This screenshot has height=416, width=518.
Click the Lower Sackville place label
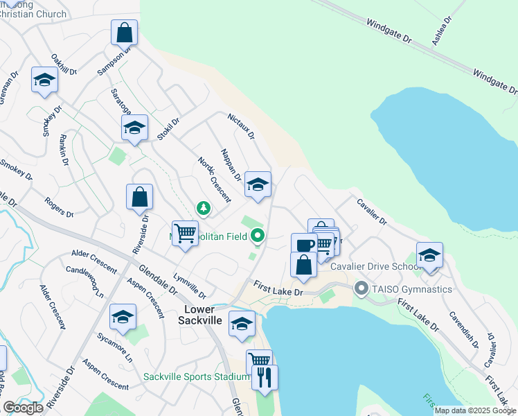[199, 314]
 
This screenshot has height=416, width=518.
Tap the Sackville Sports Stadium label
[196, 376]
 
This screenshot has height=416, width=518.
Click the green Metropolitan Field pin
[258, 236]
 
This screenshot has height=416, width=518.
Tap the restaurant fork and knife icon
[265, 377]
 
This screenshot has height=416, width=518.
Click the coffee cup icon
[303, 244]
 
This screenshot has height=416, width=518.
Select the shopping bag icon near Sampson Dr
[124, 32]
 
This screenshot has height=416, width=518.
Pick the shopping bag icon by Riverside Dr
[139, 196]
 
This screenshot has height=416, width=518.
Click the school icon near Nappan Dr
[258, 184]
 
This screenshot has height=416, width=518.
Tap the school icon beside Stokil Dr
[135, 127]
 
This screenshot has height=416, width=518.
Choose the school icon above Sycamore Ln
[123, 316]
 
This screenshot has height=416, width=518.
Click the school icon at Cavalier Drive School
[429, 254]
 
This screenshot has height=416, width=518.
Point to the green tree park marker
[204, 207]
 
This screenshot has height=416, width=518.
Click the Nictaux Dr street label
[242, 125]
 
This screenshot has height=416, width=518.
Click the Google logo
[23, 408]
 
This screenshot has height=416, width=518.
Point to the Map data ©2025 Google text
[475, 410]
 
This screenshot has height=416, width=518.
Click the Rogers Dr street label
[59, 207]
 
